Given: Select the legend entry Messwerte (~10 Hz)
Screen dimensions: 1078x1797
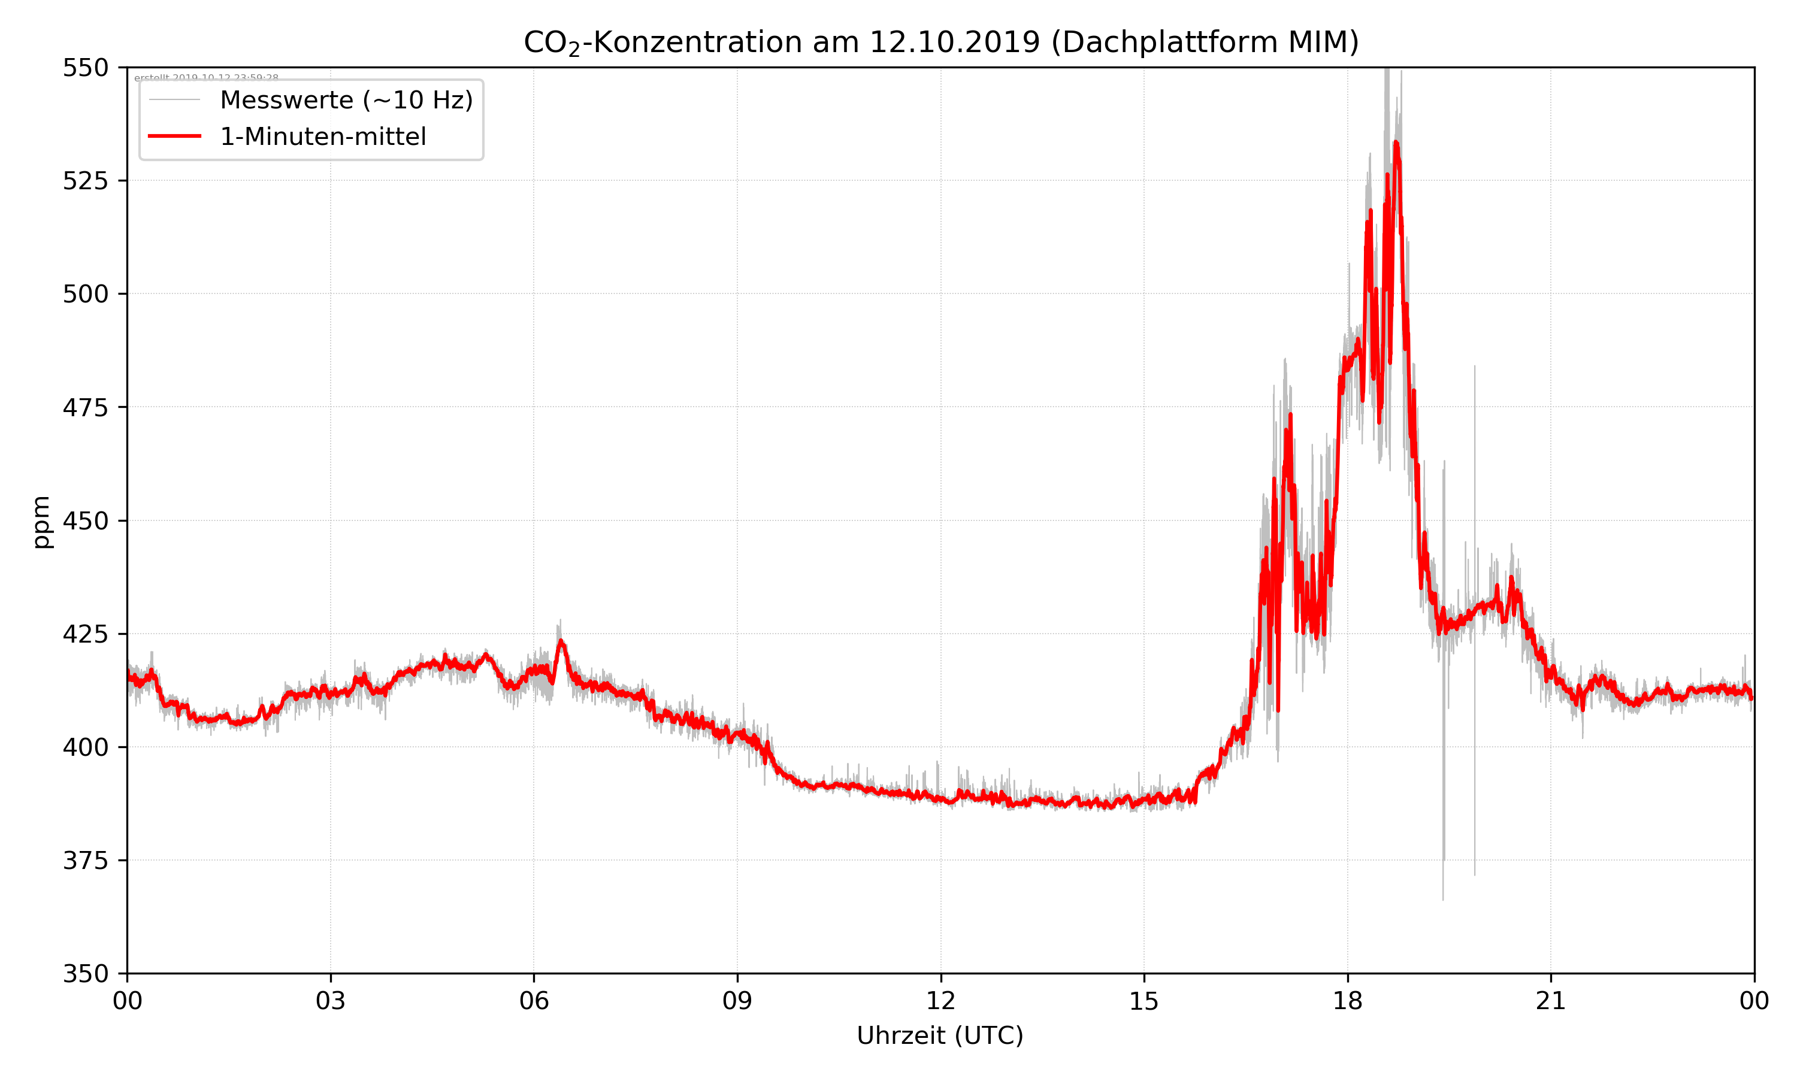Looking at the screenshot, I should [346, 100].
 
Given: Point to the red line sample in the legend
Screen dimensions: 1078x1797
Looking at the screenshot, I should [174, 137].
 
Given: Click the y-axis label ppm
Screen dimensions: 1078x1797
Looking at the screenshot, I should [41, 521].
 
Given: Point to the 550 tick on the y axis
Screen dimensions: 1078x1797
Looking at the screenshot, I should [85, 68].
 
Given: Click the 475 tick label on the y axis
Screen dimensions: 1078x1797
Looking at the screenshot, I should [85, 407].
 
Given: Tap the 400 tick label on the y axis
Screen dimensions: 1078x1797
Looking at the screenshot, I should [85, 747].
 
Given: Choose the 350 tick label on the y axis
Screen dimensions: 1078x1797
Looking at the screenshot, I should [85, 974].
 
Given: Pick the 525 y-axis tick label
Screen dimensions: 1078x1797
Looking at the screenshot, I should [85, 181].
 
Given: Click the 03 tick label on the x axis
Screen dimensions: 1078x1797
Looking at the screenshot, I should [331, 1001].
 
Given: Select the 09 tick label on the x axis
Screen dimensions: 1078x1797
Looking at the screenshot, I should [737, 1001].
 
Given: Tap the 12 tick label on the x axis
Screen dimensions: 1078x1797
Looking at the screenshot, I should [940, 1001].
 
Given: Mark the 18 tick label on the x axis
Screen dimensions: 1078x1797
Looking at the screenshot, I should [1347, 1001].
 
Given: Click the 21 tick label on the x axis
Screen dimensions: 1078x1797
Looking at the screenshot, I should [1551, 1001].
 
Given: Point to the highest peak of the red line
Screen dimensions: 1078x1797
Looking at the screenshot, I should [1396, 143].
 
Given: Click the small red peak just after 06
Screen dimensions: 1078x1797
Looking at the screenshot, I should [561, 641].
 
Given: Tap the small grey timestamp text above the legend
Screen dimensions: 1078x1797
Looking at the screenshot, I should [206, 78].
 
